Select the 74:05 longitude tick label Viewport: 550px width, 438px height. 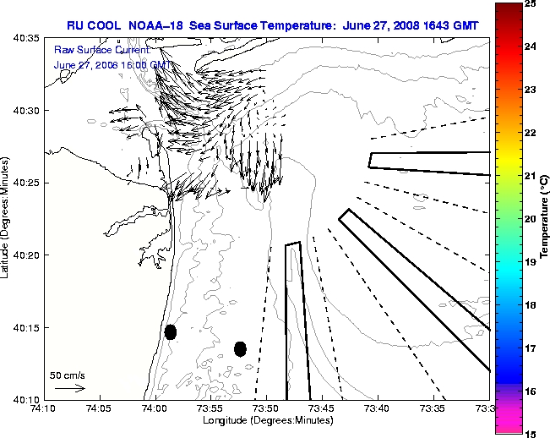pos(99,408)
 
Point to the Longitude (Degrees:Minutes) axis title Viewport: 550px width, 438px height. pos(267,419)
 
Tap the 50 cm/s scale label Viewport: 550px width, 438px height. pos(67,375)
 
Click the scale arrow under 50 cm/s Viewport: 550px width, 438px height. pos(70,388)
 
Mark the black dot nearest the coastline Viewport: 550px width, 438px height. pos(171,331)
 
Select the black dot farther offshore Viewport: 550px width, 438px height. pos(240,348)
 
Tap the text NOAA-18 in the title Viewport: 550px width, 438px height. pos(157,25)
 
